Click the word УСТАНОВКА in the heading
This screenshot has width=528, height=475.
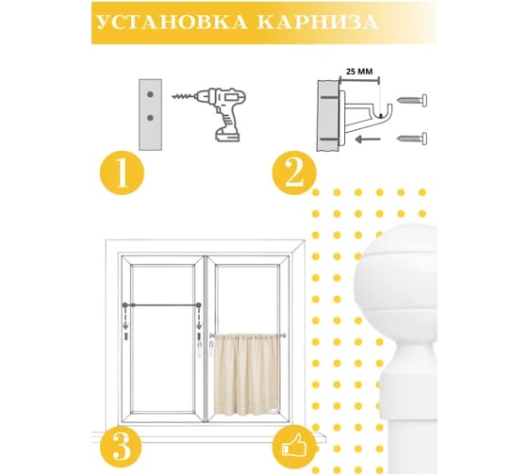tap(174, 23)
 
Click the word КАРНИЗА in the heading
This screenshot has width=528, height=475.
tap(318, 23)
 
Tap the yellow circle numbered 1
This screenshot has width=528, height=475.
tap(122, 172)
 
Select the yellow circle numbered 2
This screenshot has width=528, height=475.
tap(294, 172)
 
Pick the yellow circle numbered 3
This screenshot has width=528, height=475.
tap(122, 447)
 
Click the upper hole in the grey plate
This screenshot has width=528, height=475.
tap(150, 94)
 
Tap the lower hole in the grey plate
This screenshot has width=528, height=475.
tap(150, 118)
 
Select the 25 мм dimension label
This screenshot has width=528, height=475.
tap(359, 72)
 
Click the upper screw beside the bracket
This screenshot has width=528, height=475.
tap(412, 100)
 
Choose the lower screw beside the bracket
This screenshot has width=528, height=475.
tap(412, 138)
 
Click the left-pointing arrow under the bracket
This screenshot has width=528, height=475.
tap(368, 139)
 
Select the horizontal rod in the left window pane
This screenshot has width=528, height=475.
tap(162, 305)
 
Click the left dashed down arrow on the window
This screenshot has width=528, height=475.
tap(125, 319)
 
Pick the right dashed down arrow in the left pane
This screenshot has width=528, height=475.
tap(199, 319)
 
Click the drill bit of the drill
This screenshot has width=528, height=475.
tap(184, 97)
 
